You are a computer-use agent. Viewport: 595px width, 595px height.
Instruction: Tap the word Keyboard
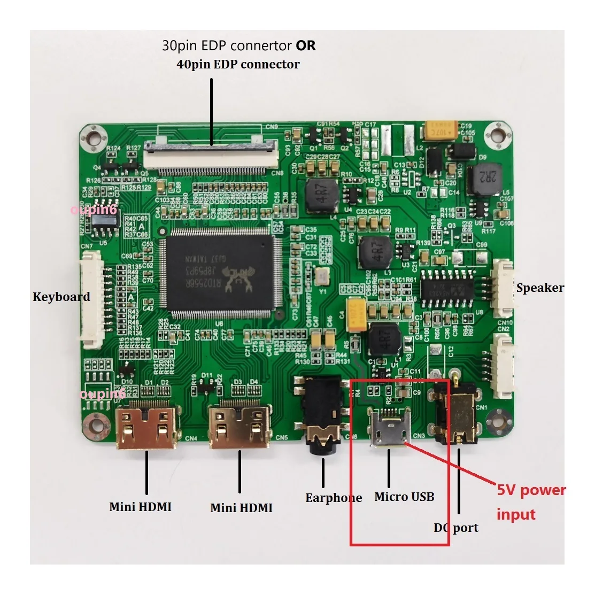coord(61,297)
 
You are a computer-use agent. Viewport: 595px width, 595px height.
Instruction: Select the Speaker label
coord(540,288)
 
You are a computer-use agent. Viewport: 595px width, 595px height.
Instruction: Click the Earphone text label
coord(334,498)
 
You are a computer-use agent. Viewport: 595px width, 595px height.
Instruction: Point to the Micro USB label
coord(404,497)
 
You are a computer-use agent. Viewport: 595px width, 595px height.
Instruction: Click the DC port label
coord(456,528)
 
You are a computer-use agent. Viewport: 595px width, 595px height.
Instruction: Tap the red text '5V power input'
coord(531,502)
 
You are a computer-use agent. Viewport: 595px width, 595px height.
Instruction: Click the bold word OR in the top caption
coord(306,46)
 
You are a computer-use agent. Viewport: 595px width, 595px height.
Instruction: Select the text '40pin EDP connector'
coord(238,64)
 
